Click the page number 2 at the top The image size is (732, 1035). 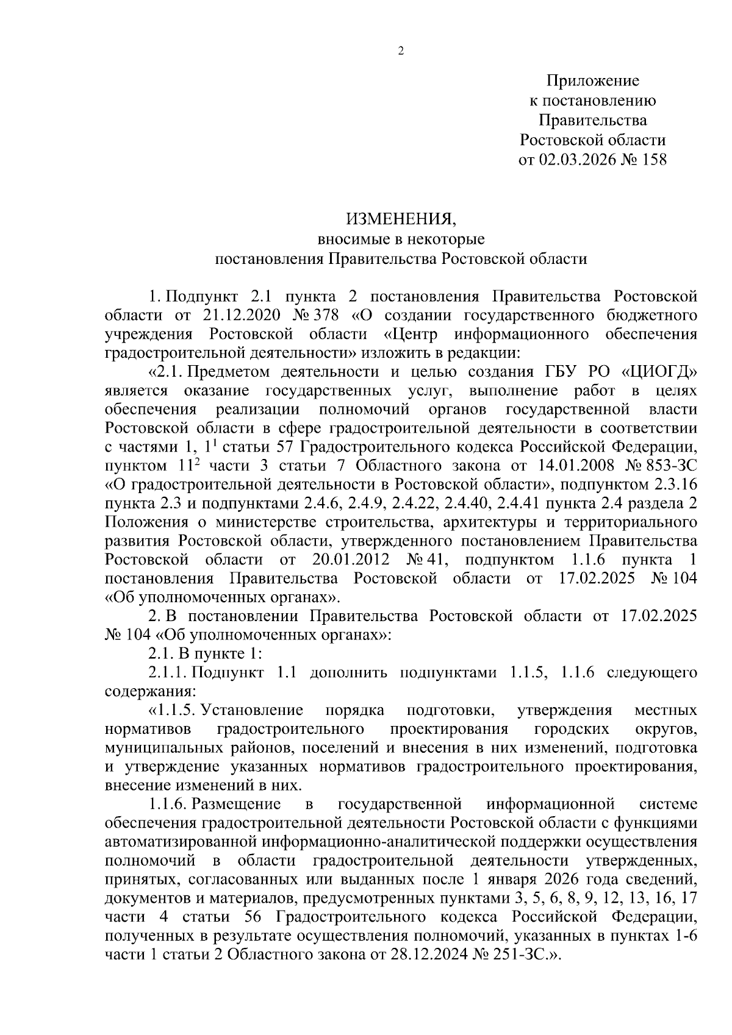[x=401, y=51]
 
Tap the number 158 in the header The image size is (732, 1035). [x=651, y=160]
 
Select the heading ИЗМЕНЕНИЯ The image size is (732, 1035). [x=401, y=219]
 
